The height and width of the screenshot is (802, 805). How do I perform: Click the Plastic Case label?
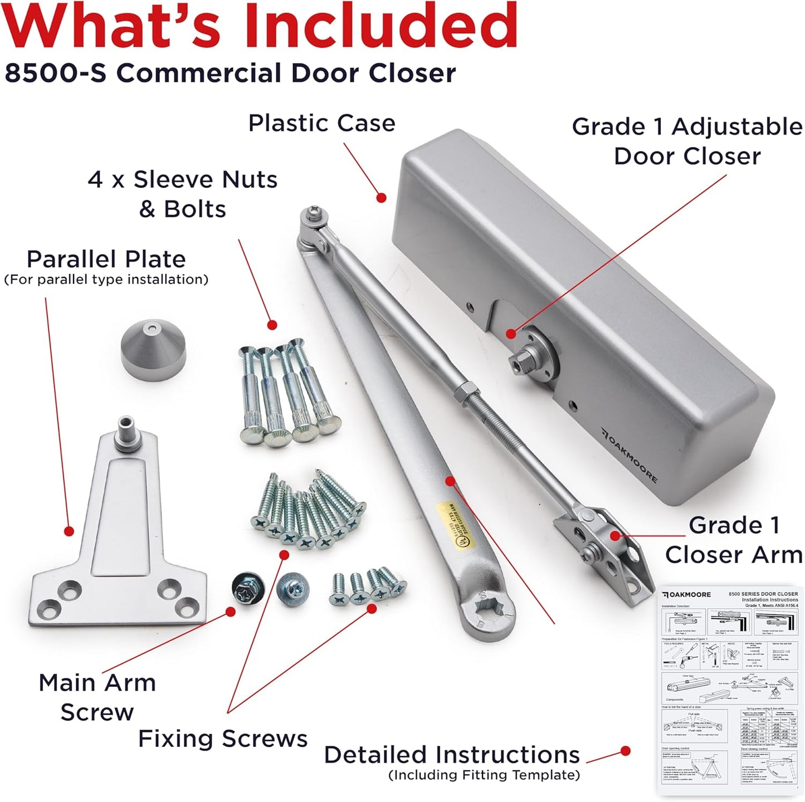coord(321,123)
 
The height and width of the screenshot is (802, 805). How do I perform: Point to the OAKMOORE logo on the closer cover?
coord(630,456)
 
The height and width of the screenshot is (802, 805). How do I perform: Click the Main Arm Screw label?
coord(97,697)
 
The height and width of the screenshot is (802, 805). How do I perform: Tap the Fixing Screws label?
coord(222,739)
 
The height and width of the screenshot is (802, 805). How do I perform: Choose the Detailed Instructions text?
coord(452,755)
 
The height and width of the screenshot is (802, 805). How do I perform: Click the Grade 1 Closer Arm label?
coord(733,540)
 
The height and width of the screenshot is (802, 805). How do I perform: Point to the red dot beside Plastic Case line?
coord(381,197)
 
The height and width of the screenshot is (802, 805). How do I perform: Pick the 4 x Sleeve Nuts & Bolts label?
coord(183,194)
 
